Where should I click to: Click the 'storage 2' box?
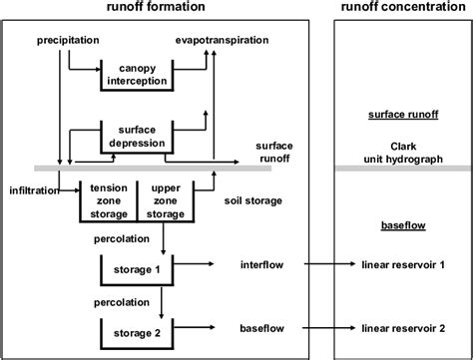(134, 328)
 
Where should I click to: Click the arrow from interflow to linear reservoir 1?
(329, 265)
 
